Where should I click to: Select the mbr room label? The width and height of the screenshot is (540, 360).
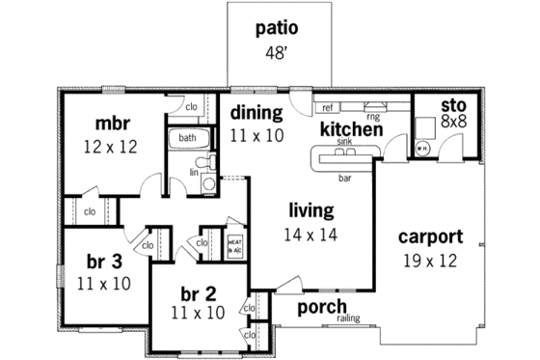point(113,124)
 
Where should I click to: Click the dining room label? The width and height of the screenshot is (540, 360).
point(256,113)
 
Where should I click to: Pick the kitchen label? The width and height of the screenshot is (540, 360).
point(352,128)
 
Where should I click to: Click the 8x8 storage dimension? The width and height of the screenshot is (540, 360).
point(454,122)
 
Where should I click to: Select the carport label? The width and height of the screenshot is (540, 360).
point(431,236)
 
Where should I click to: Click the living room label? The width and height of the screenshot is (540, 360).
point(310,210)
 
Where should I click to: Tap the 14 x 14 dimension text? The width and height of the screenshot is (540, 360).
point(309,234)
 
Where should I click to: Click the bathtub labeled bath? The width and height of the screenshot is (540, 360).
point(188,139)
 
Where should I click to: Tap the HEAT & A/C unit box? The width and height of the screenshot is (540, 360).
point(234,244)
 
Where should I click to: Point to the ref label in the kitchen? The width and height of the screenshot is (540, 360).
point(328,107)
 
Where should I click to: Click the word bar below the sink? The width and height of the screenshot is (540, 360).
point(344,179)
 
